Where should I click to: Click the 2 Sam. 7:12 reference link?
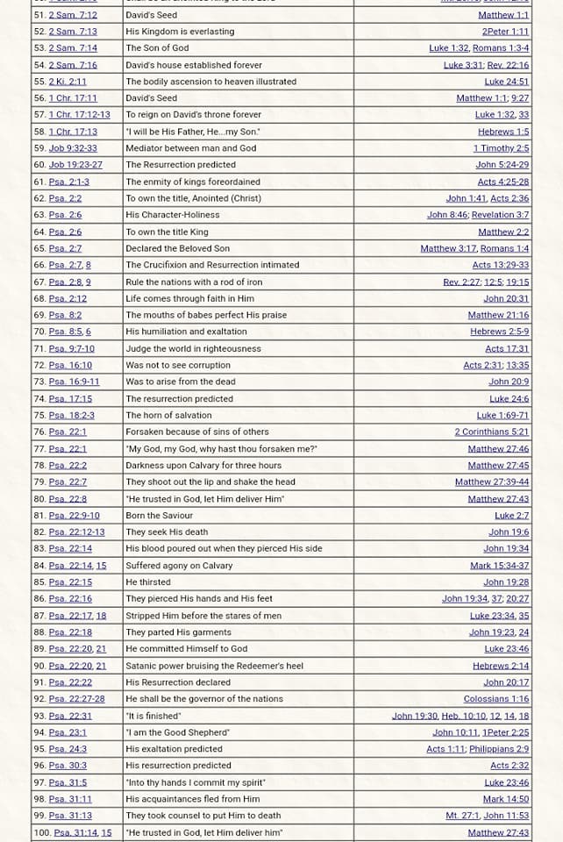pos(73,15)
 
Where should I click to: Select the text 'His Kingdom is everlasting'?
pos(180,32)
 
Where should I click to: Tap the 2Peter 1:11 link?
pos(505,32)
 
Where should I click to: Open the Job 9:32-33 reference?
pos(73,148)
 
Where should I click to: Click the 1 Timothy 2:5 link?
pos(501,148)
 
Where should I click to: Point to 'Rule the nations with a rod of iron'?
pos(194,282)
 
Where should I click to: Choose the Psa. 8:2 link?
pos(65,315)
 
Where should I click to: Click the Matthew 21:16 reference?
pos(498,315)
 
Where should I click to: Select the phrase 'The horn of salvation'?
pos(168,415)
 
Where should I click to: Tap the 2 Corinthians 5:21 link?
pos(491,432)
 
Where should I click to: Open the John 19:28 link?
pos(506,582)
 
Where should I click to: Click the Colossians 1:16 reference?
pos(496,699)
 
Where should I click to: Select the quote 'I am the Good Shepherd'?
pos(178,732)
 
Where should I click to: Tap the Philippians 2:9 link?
pos(498,749)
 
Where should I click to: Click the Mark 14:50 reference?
pos(506,799)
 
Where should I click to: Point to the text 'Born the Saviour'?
pos(159,515)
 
